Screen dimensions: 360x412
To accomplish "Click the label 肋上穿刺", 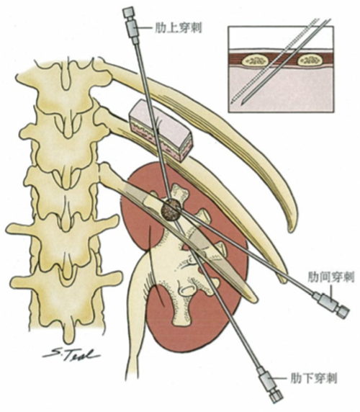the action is [x=179, y=28].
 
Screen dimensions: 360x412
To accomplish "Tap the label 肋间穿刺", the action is [x=331, y=277].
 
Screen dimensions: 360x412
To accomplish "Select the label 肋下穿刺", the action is [x=313, y=378].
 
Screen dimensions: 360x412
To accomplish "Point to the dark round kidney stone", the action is [x=171, y=209].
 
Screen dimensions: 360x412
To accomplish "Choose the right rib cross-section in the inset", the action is [x=311, y=61].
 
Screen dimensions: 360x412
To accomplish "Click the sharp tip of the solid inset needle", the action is [x=243, y=103].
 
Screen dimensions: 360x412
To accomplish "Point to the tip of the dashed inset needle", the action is [x=232, y=102].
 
